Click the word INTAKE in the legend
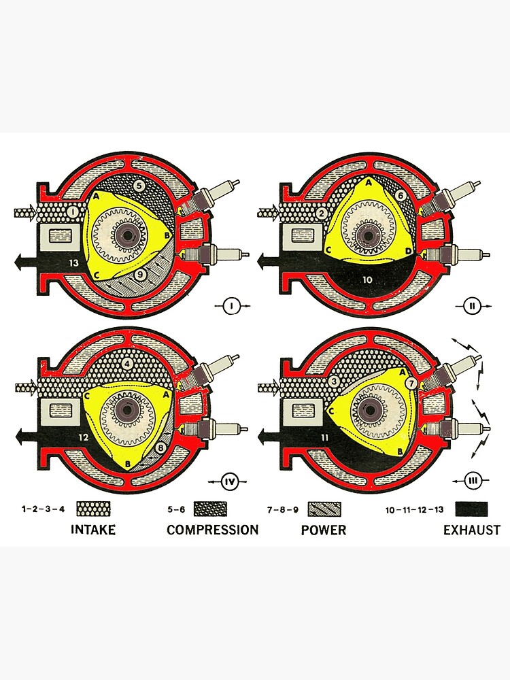click(93, 530)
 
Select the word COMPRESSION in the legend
click(212, 530)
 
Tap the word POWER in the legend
click(324, 530)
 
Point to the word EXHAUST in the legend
click(471, 530)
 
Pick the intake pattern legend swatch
click(94, 509)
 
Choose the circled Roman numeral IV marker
click(229, 482)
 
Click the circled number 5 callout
click(139, 184)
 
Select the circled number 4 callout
click(127, 363)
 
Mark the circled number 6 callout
click(401, 195)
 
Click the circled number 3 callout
click(333, 382)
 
